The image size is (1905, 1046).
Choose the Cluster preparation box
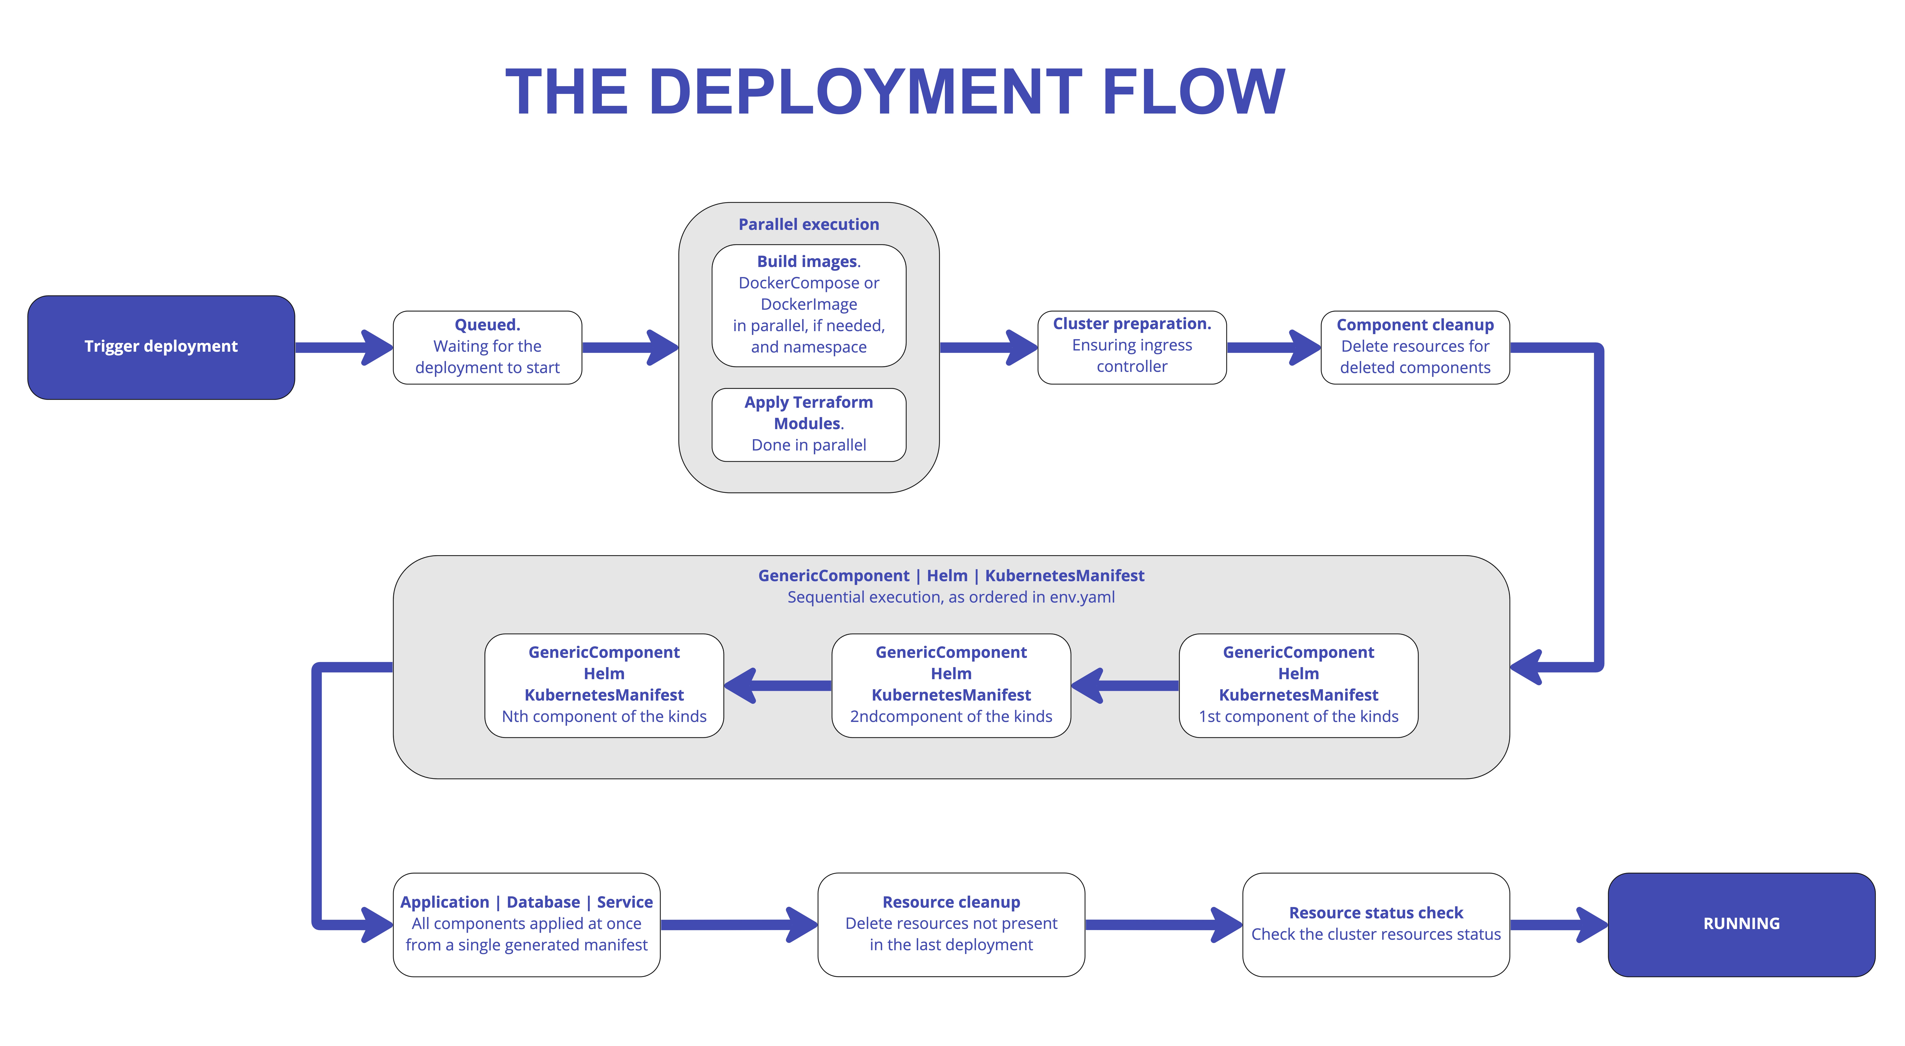(x=1132, y=346)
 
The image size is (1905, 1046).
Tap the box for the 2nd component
(x=951, y=684)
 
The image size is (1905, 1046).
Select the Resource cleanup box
(x=951, y=924)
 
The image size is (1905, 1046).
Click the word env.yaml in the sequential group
(x=1082, y=597)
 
